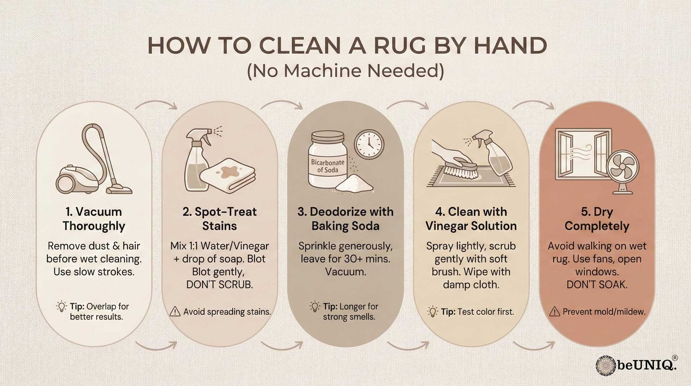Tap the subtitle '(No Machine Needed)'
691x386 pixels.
click(x=345, y=71)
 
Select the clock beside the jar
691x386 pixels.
click(x=369, y=144)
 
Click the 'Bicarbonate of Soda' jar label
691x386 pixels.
click(x=328, y=166)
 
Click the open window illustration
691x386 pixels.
click(x=583, y=154)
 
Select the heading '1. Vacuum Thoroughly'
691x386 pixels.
click(x=94, y=219)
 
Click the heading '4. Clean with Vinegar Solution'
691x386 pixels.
click(x=471, y=219)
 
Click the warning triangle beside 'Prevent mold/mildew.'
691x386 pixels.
click(x=555, y=311)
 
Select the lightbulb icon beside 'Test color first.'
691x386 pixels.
click(x=432, y=311)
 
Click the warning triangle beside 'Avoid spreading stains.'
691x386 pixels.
click(x=175, y=311)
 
